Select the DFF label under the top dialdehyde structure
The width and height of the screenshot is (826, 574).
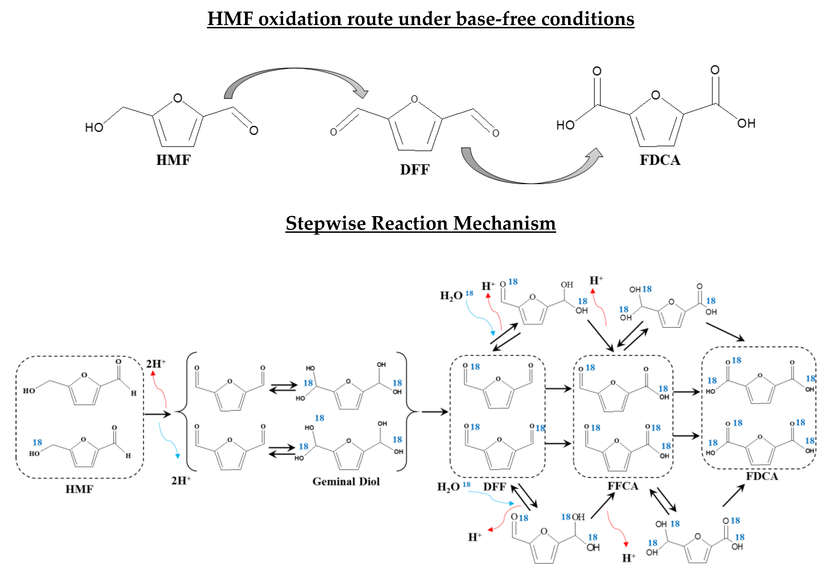415,169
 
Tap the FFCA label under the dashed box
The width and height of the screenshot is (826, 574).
623,486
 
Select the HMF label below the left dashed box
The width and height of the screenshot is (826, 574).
79,489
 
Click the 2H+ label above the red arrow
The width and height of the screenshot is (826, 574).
155,364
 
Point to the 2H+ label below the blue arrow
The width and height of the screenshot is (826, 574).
181,480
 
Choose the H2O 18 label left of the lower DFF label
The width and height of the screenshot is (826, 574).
453,486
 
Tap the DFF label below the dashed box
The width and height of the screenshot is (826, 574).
494,486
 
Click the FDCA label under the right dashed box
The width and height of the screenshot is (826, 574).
762,477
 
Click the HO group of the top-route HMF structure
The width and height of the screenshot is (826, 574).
94,127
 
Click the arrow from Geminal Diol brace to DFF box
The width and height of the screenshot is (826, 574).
434,412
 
